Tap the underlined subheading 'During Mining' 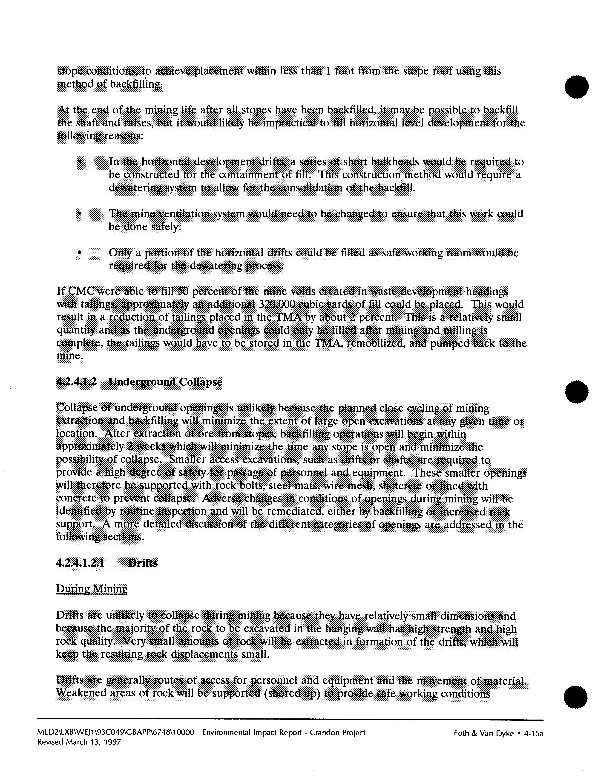point(92,589)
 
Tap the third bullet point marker point(80,253)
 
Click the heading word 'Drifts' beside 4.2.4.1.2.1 point(143,563)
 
